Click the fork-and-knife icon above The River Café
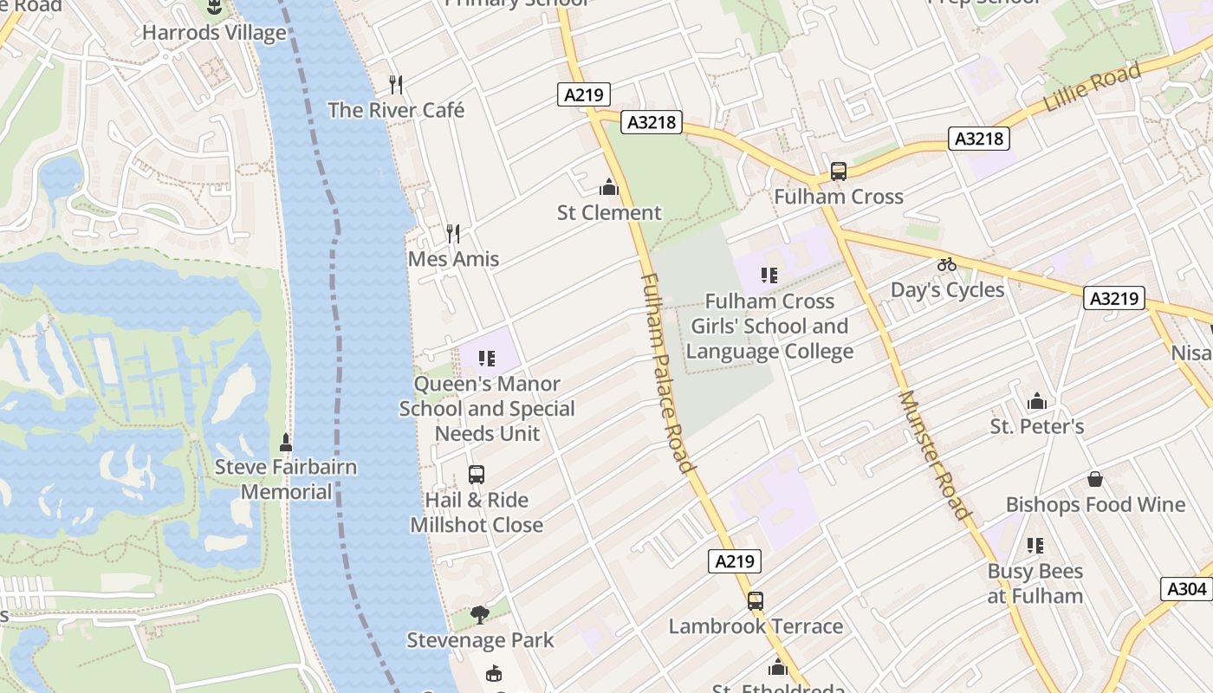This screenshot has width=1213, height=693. [396, 84]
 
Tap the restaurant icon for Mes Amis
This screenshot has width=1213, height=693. [452, 233]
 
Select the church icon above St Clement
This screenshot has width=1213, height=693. [609, 187]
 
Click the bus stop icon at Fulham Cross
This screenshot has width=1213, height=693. [838, 172]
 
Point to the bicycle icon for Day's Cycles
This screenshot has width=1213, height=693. [947, 264]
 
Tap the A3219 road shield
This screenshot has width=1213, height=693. [1113, 299]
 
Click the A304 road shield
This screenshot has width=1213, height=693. [1186, 589]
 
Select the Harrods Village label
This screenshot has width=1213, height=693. [214, 33]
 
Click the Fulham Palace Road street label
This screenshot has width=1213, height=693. [668, 373]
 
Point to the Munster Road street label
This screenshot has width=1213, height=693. [934, 454]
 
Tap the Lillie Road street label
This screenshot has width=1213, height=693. [1093, 88]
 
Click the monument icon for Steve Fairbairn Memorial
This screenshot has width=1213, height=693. [286, 443]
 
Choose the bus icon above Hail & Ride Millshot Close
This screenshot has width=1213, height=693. [476, 475]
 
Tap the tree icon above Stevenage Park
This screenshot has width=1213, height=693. [479, 615]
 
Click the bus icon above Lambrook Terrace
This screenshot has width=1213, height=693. [756, 600]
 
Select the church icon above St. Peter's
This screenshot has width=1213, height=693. [1036, 401]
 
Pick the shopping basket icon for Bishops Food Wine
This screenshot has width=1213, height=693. [1095, 479]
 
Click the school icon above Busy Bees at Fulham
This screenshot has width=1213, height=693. [1035, 546]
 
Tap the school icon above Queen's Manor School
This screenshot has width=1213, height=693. [486, 358]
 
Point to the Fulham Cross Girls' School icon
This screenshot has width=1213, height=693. [769, 275]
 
